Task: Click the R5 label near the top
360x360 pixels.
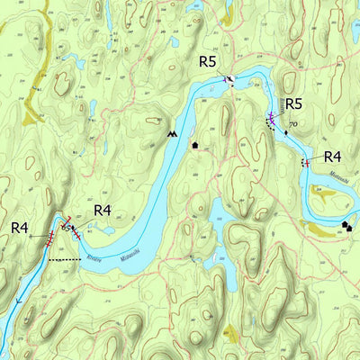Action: [x=208, y=61]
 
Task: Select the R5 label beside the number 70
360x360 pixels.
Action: [x=293, y=103]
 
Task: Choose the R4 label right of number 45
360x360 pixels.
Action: [x=103, y=211]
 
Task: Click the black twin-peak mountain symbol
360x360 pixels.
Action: [x=172, y=133]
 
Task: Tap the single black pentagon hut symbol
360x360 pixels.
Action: [x=194, y=144]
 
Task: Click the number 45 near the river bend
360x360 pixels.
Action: [x=65, y=228]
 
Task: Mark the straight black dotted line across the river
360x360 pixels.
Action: [x=64, y=260]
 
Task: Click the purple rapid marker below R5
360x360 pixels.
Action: [x=270, y=117]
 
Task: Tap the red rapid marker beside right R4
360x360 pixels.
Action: [x=306, y=163]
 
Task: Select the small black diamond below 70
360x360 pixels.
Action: [x=287, y=132]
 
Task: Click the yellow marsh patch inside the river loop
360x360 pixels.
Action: [x=321, y=191]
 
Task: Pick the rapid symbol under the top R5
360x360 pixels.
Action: [x=230, y=80]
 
